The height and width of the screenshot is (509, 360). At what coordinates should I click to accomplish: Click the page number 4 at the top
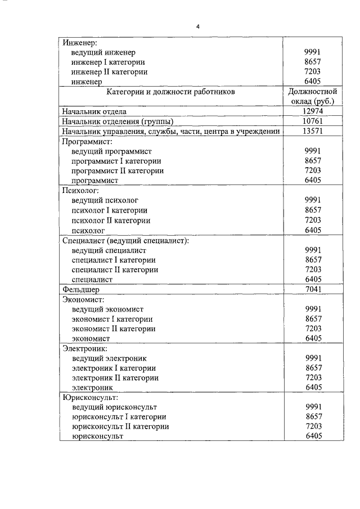pyautogui.click(x=198, y=26)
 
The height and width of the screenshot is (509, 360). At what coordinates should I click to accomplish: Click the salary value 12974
pyautogui.click(x=313, y=111)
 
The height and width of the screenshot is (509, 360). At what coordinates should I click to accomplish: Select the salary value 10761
pyautogui.click(x=313, y=121)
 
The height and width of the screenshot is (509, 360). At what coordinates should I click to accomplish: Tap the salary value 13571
pyautogui.click(x=313, y=131)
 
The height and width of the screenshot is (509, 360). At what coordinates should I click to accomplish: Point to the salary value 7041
pyautogui.click(x=313, y=290)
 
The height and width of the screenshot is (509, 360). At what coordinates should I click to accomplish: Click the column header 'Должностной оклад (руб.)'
pyautogui.click(x=313, y=96)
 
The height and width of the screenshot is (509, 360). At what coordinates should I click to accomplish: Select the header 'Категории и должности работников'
pyautogui.click(x=171, y=91)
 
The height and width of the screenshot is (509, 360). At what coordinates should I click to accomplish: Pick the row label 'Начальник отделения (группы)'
pyautogui.click(x=118, y=121)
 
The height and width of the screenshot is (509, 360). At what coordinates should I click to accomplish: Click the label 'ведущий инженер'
pyautogui.click(x=103, y=52)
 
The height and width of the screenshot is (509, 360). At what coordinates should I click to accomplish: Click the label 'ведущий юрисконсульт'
pyautogui.click(x=114, y=407)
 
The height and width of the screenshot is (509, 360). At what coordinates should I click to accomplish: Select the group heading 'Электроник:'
pyautogui.click(x=86, y=349)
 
